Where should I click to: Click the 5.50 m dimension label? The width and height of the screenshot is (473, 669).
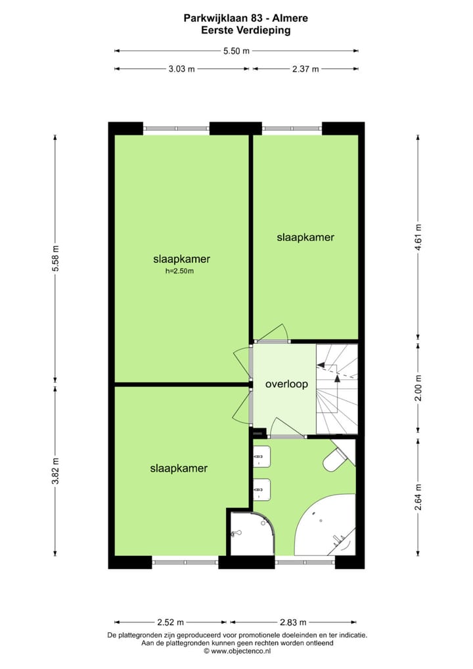coord(236,51)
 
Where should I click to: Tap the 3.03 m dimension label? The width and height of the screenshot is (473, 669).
coord(182,69)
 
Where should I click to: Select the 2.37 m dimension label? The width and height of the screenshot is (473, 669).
coord(305,69)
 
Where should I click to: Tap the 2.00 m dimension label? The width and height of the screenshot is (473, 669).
coord(418,388)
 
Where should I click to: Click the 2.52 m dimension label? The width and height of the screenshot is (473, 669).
coord(171,622)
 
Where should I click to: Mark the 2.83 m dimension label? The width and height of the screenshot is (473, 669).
coord(294,622)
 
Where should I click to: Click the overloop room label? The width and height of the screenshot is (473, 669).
coord(286,384)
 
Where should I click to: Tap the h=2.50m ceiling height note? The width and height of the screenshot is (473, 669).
coord(179,271)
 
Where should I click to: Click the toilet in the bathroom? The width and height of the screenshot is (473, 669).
coord(338,459)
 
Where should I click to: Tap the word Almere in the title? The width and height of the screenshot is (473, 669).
coord(290,19)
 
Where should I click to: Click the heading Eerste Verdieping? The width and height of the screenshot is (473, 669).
coord(236,30)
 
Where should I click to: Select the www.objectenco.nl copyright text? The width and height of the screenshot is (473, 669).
coord(237,651)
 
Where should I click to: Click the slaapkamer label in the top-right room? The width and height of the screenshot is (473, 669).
coord(305,238)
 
